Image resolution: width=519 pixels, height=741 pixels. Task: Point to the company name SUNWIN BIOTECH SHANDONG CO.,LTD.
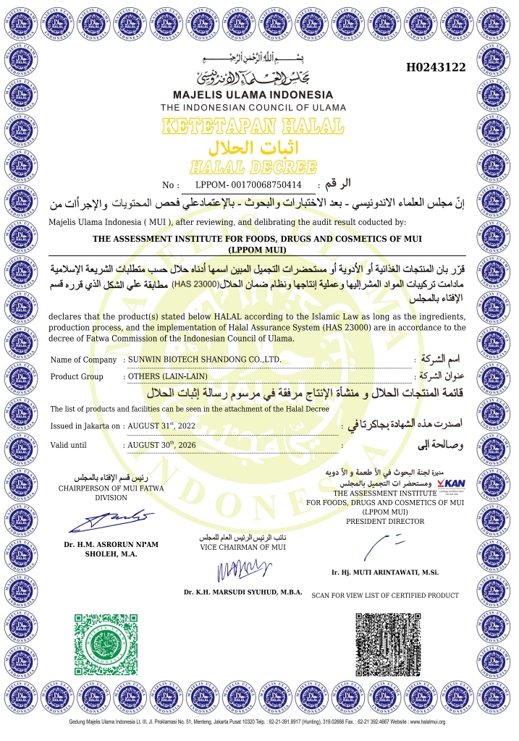point(204,360)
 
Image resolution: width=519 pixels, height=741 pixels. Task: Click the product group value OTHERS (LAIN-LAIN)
point(168,376)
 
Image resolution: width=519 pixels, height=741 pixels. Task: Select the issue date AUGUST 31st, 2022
point(160,426)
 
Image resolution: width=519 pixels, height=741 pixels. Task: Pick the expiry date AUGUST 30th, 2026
point(161,444)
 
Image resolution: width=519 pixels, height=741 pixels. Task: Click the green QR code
point(104,643)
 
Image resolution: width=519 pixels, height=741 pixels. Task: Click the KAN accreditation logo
point(451,483)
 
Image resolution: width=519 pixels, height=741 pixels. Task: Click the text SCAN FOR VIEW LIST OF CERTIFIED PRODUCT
point(384,596)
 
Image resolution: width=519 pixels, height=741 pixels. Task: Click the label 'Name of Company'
point(83,360)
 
